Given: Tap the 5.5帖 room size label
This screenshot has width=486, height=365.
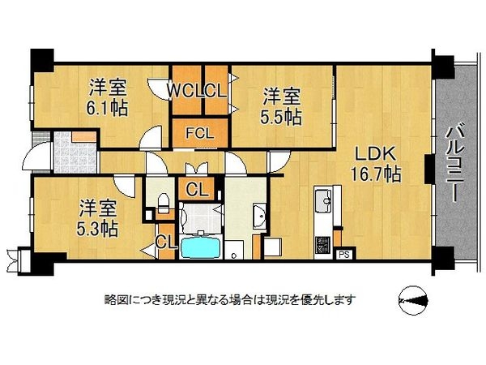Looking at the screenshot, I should pyautogui.click(x=281, y=116).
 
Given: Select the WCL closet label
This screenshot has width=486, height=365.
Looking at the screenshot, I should pyautogui.click(x=185, y=90).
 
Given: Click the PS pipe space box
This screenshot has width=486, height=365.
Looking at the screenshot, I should pyautogui.click(x=343, y=254).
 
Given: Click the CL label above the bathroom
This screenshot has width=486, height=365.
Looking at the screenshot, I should pyautogui.click(x=197, y=191).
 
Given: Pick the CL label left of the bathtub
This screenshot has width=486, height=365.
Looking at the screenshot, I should pyautogui.click(x=165, y=241).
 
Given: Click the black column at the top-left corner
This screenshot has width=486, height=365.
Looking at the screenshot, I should pyautogui.click(x=41, y=60).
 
